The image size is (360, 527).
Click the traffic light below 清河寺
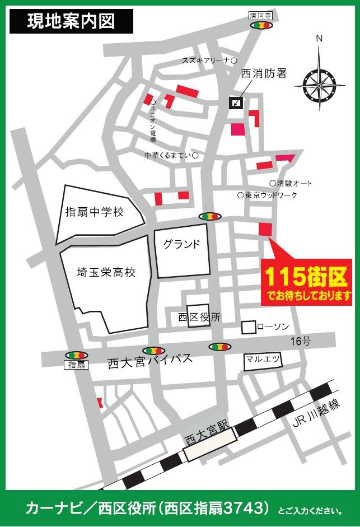pyautogui.click(x=261, y=25)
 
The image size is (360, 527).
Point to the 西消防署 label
pyautogui.click(x=264, y=73)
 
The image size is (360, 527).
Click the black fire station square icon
pyautogui.click(x=236, y=102)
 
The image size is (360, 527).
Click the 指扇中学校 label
pyautogui.click(x=94, y=211)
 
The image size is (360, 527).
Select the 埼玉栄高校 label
pyautogui.click(x=106, y=273)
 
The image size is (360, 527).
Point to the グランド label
pyautogui.click(x=181, y=244)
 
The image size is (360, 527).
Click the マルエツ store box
pyautogui.click(x=263, y=361)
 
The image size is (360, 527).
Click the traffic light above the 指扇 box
pyautogui.click(x=76, y=355)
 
